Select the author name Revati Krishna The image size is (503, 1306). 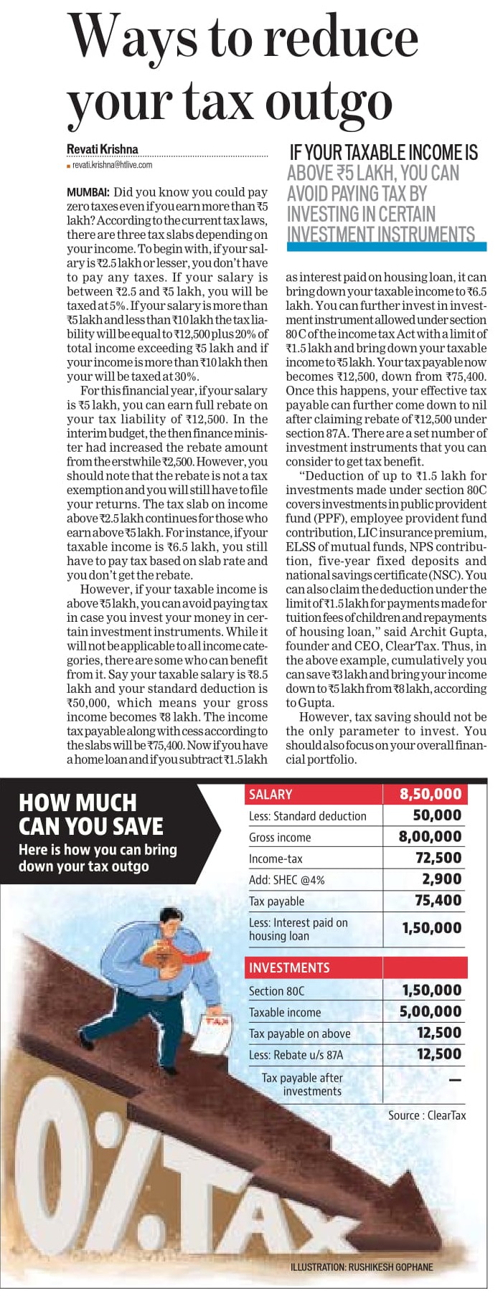102,149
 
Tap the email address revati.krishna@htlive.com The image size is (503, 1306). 113,165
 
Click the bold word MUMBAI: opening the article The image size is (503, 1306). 88,192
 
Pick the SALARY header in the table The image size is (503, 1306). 271,794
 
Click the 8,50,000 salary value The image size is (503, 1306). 431,794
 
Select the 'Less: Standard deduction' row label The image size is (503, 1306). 307,815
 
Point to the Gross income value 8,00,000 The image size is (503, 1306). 431,836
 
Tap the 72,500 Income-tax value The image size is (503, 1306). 438,858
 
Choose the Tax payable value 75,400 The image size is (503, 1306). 438,900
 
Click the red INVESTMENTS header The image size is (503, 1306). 289,967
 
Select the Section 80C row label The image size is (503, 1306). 276,990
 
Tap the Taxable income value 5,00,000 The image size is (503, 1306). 431,1011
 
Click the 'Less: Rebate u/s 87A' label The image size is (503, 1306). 296,1054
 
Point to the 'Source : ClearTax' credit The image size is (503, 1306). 427,1115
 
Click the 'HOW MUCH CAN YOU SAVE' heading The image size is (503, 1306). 91,814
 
